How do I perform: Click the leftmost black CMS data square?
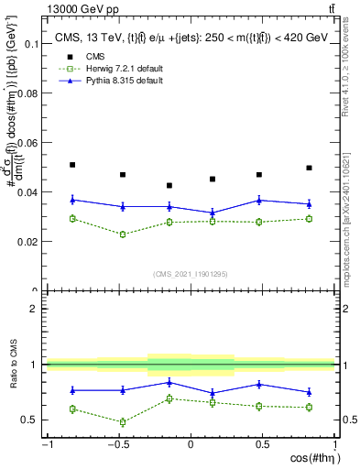(72, 165)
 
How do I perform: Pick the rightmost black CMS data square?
(310, 168)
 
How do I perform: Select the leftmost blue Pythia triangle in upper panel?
(72, 199)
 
